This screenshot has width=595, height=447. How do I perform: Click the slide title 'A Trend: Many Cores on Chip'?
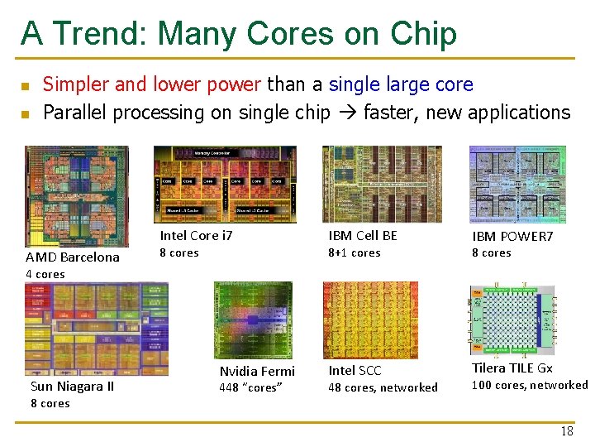tap(238, 34)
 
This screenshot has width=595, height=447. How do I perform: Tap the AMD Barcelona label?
tap(73, 257)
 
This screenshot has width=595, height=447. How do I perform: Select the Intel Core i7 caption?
tap(196, 236)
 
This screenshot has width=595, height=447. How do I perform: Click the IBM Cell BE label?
tap(363, 236)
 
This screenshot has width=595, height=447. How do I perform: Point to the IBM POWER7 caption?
tap(512, 237)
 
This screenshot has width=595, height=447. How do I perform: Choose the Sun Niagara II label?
tap(72, 387)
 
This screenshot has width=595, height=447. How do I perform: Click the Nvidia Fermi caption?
tap(257, 372)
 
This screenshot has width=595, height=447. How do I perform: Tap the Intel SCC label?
tap(355, 371)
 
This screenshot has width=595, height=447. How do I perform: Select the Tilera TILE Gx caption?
tap(512, 368)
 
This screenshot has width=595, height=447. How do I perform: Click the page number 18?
tap(567, 431)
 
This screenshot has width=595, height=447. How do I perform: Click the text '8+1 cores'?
tap(355, 253)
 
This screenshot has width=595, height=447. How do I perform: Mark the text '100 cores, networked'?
tap(530, 385)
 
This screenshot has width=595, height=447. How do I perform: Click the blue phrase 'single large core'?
tap(401, 84)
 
